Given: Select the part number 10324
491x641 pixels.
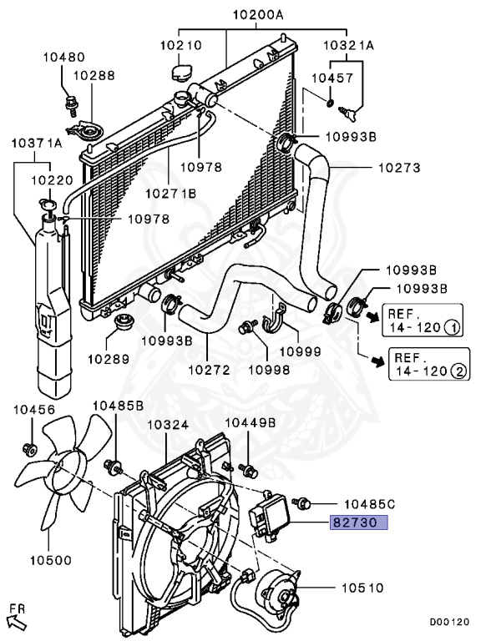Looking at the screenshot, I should click(x=168, y=425).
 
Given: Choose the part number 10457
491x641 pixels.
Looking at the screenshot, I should click(x=332, y=78).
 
